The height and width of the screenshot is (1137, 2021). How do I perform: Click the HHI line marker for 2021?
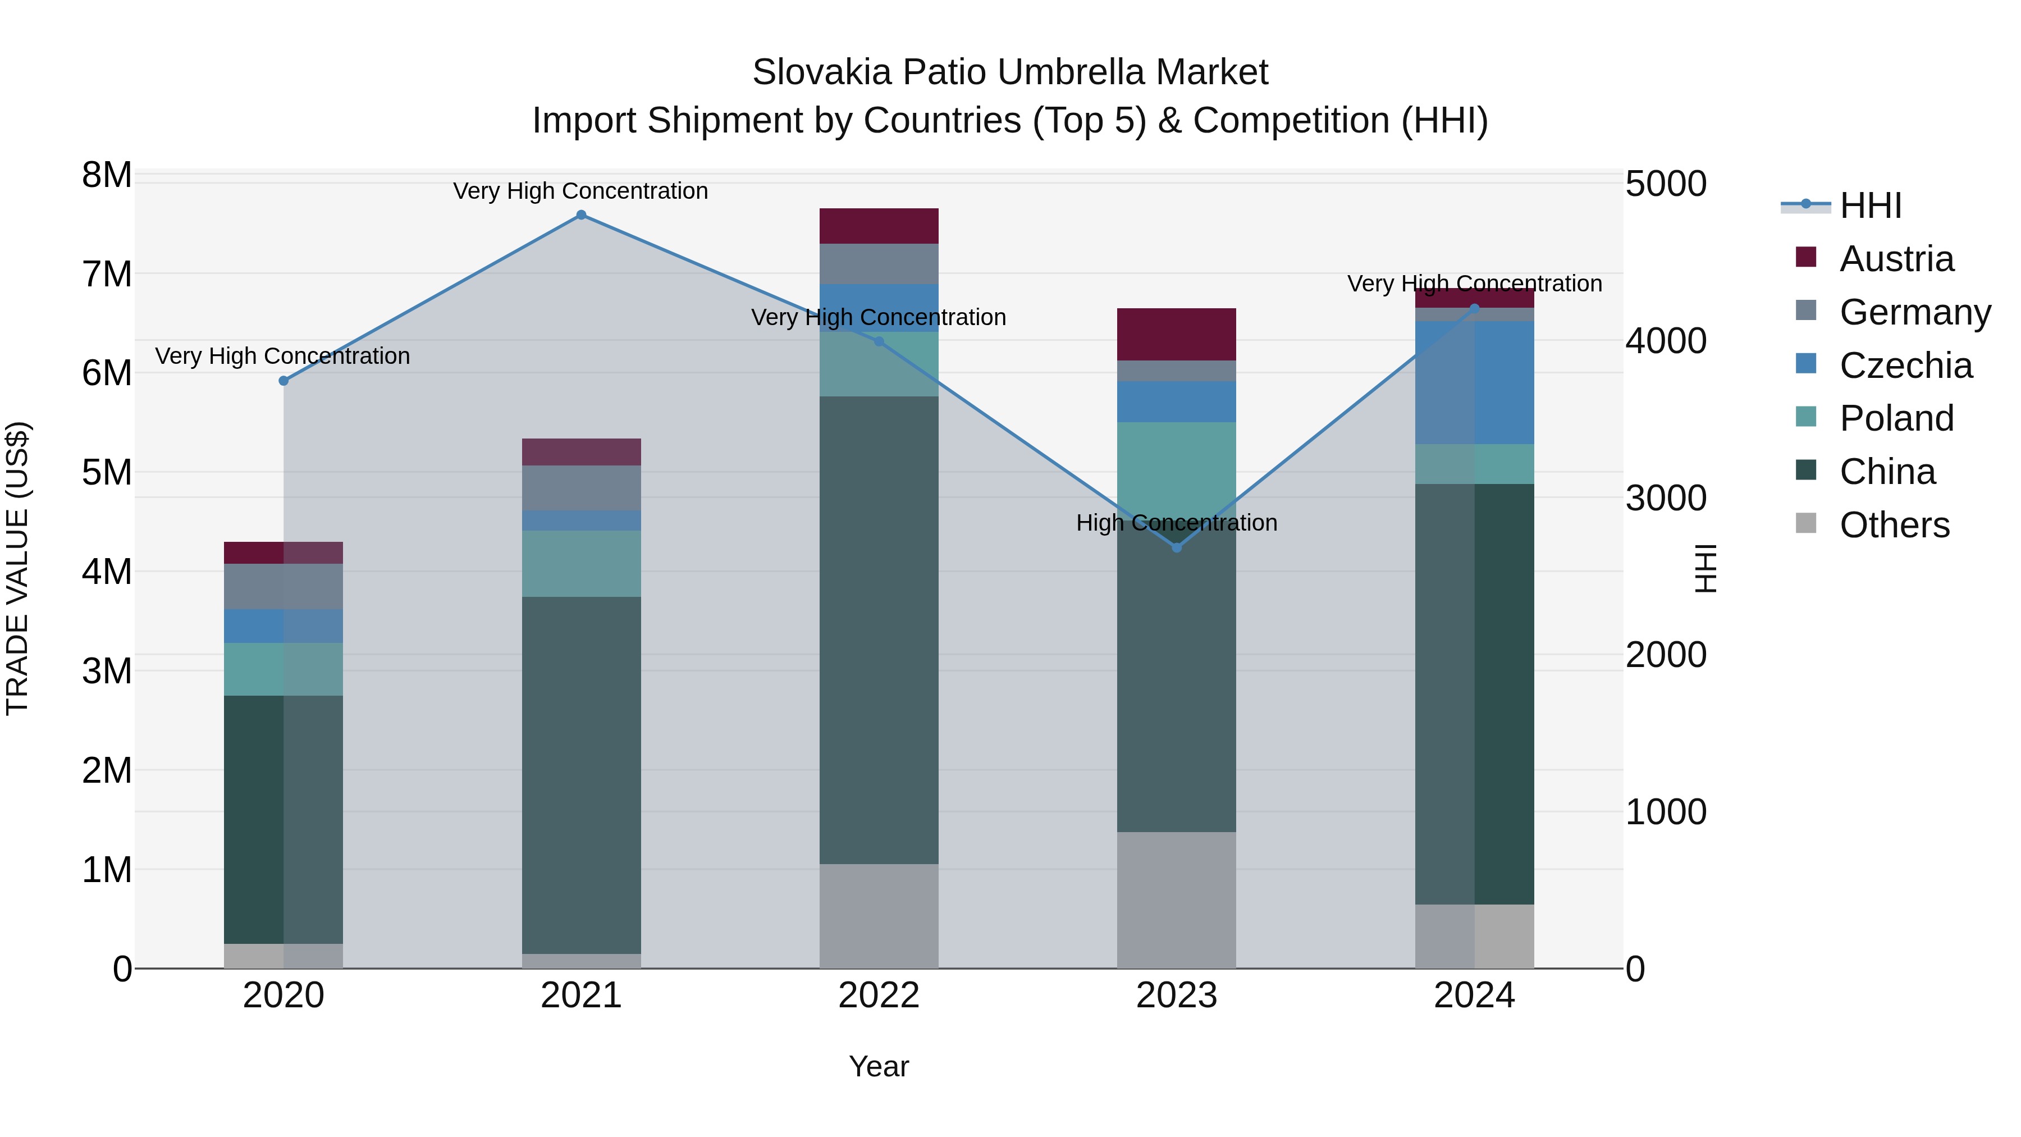point(580,215)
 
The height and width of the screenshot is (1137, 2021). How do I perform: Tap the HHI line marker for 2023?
point(1176,547)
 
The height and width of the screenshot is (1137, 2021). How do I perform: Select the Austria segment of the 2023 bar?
point(1176,334)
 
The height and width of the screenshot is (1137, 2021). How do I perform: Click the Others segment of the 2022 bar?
point(879,916)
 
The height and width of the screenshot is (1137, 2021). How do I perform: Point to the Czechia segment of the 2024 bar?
point(1474,382)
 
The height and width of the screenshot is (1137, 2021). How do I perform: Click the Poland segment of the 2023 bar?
point(1176,463)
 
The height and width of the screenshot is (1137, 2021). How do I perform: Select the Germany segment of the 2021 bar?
point(580,488)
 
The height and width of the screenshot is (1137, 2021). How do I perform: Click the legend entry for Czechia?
point(1905,366)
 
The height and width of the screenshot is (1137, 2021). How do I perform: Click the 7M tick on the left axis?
point(107,275)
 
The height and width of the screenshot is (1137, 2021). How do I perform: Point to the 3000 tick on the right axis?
point(1665,498)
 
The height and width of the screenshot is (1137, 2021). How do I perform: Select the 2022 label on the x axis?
point(879,996)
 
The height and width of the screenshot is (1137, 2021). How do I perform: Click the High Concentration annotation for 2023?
point(1176,523)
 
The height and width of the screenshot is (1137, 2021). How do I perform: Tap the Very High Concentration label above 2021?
point(580,191)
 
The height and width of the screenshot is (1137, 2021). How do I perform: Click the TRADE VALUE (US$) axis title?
point(17,568)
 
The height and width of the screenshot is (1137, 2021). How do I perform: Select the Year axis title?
point(879,1066)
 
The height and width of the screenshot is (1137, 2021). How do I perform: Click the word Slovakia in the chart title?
point(821,72)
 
